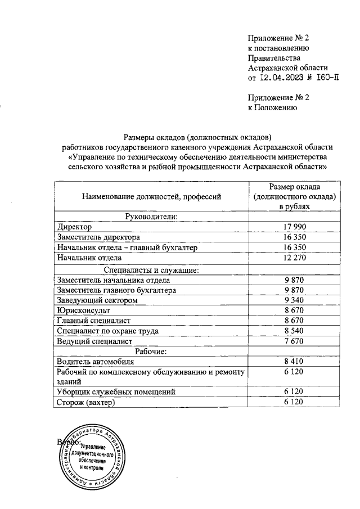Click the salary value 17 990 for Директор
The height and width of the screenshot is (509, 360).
(294, 227)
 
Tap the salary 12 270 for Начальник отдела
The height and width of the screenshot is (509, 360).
(294, 258)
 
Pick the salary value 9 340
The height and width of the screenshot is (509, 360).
(294, 300)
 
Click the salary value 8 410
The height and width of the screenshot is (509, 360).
(294, 362)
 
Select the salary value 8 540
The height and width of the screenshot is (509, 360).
(294, 331)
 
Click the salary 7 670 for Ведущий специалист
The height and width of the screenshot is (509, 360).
(294, 341)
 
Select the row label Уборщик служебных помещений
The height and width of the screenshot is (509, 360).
(116, 392)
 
